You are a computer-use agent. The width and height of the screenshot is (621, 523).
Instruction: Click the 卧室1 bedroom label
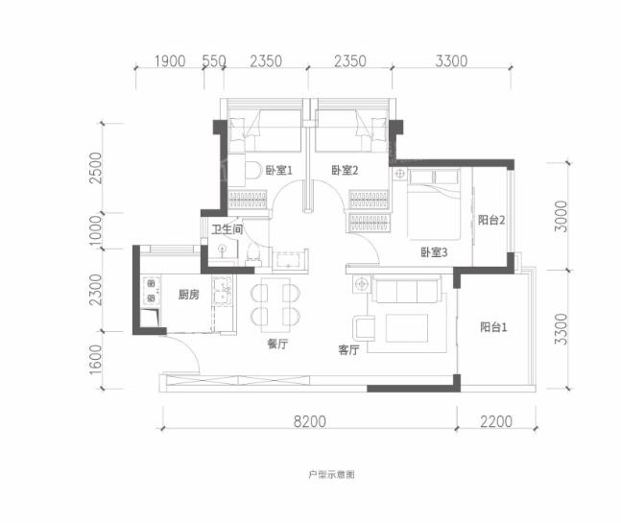[x=278, y=171]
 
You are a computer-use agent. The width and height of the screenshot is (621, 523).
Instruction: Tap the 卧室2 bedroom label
[x=345, y=171]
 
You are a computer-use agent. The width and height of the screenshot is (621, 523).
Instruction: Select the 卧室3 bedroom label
[x=434, y=252]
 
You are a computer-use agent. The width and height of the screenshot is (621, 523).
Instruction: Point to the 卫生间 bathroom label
[x=227, y=229]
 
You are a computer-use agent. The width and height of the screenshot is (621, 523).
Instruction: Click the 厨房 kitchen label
[x=188, y=295]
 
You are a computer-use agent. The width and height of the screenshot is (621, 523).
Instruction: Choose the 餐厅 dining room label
[x=277, y=344]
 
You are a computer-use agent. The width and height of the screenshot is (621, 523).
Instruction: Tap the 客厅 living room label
[x=348, y=350]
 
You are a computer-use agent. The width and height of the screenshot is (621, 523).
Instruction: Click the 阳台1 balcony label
[x=493, y=327]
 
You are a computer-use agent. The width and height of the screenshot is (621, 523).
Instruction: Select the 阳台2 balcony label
[x=491, y=220]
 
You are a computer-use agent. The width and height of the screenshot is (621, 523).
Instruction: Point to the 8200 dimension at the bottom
[x=310, y=421]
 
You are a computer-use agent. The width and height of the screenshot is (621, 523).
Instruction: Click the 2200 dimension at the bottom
[x=496, y=421]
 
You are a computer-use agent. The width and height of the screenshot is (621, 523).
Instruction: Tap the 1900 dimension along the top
[x=170, y=61]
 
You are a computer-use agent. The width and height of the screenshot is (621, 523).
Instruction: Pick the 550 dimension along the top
[x=214, y=61]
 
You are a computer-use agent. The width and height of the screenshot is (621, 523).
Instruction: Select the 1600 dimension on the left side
[x=95, y=360]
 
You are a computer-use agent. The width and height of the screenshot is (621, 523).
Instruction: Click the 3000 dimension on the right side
[x=561, y=217]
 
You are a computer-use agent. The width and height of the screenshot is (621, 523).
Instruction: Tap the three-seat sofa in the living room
[x=407, y=290]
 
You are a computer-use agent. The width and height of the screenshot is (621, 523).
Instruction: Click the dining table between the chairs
[x=275, y=305]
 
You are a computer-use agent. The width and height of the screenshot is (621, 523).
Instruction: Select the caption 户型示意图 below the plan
[x=331, y=474]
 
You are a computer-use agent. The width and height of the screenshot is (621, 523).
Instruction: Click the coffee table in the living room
[x=407, y=328]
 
